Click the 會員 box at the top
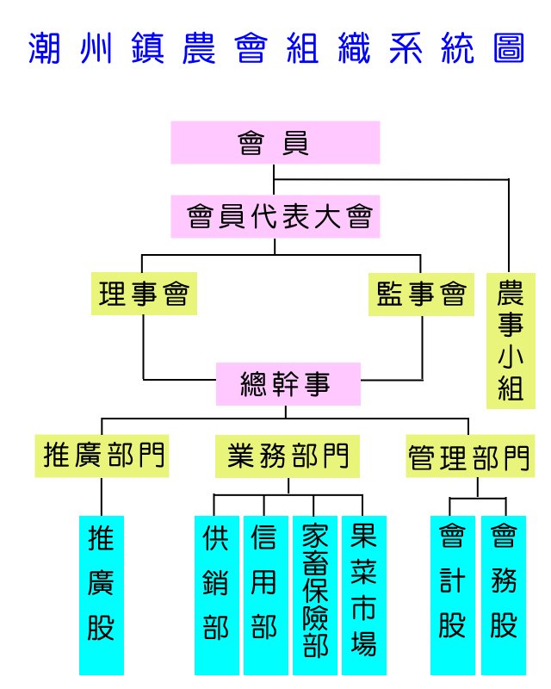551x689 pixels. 275,142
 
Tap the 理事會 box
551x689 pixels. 144,295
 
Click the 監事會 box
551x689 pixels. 421,295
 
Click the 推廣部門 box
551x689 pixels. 103,455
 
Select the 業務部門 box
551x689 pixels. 288,455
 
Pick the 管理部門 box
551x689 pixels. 467,456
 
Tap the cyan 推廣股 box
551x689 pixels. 102,594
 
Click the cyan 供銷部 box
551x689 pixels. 215,594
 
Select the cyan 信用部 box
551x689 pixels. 264,594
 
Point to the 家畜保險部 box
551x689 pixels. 314,594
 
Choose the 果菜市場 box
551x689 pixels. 363,594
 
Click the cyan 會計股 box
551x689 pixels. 452,594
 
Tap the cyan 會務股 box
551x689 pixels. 504,594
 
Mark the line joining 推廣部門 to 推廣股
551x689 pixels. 102,496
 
